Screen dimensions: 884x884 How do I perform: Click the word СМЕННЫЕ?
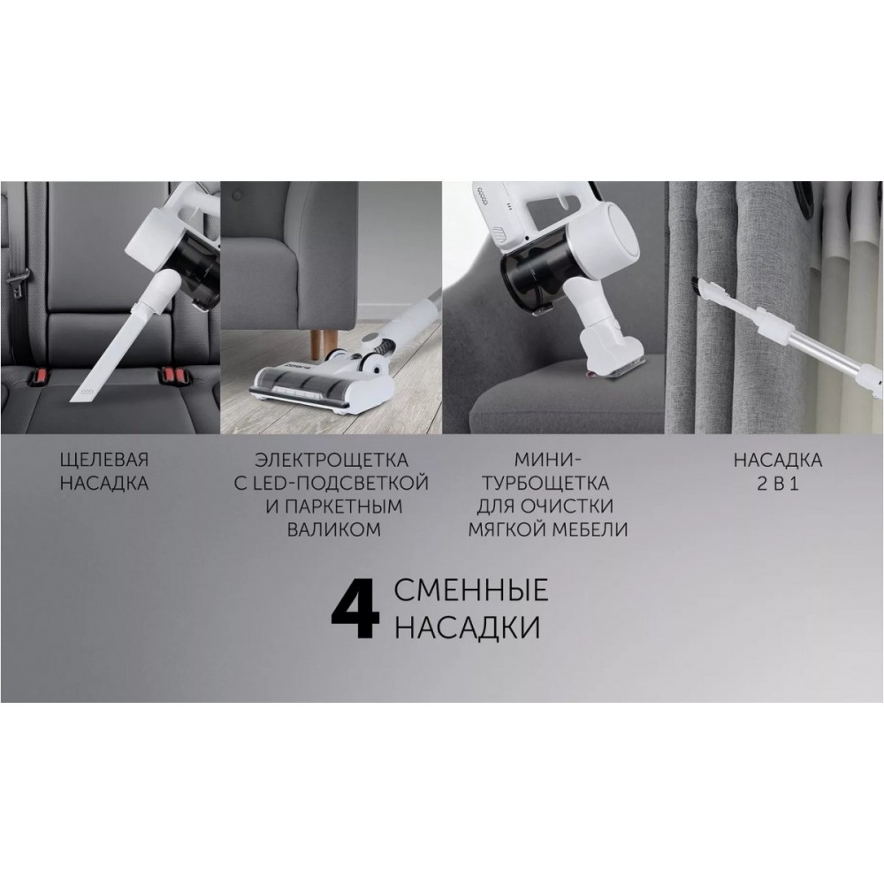pyautogui.click(x=471, y=591)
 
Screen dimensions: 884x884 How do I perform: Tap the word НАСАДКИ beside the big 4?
pyautogui.click(x=468, y=628)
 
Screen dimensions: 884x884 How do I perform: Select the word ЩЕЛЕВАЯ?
pyautogui.click(x=104, y=460)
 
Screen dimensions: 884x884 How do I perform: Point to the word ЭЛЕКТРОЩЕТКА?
pyautogui.click(x=331, y=460)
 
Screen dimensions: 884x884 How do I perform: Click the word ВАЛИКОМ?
pyautogui.click(x=334, y=530)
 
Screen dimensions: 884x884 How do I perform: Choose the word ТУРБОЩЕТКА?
pyautogui.click(x=546, y=484)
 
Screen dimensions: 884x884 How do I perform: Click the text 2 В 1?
pyautogui.click(x=778, y=484)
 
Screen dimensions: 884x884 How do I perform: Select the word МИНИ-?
pyautogui.click(x=547, y=460)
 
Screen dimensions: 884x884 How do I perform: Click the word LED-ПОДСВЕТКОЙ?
pyautogui.click(x=342, y=484)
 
